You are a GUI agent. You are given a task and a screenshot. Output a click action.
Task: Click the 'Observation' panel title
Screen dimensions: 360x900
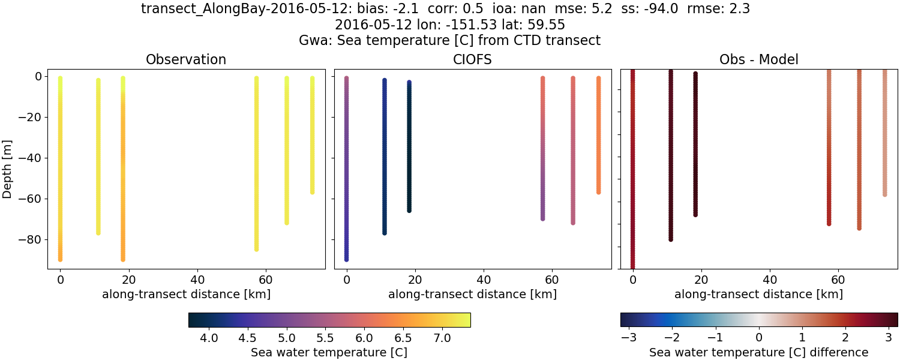pyautogui.click(x=186, y=60)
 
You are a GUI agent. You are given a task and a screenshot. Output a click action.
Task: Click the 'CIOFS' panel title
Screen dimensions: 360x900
pyautogui.click(x=472, y=60)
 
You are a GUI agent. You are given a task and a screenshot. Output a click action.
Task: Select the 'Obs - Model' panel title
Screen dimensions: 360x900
pyautogui.click(x=758, y=60)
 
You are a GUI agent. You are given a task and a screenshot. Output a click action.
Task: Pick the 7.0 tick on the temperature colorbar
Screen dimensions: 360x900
pyautogui.click(x=442, y=338)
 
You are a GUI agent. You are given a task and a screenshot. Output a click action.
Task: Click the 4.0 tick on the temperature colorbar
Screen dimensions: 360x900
pyautogui.click(x=209, y=338)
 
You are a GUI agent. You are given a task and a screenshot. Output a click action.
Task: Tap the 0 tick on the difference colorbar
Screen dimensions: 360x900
pyautogui.click(x=759, y=338)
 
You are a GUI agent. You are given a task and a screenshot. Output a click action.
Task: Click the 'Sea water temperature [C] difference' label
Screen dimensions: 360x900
pyautogui.click(x=758, y=352)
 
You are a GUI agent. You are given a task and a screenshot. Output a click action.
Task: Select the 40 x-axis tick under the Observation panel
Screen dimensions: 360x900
pyautogui.click(x=197, y=280)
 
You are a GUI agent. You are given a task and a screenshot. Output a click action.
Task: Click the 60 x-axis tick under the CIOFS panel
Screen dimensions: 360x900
pyautogui.click(x=552, y=280)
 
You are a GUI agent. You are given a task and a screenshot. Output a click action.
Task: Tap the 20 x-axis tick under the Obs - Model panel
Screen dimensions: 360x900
pyautogui.click(x=701, y=280)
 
